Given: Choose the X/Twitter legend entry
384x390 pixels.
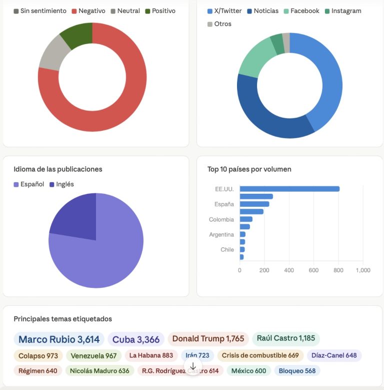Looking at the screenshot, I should point(224,11).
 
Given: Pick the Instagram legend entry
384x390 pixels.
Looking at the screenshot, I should point(342,11).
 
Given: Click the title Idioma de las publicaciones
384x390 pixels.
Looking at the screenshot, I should point(58,169).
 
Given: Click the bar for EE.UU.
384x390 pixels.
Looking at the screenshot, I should point(289,189).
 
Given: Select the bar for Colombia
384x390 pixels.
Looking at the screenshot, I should point(246,219).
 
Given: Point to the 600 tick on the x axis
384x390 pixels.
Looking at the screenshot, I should point(313,270).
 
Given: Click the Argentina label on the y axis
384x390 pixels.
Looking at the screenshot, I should point(221,234).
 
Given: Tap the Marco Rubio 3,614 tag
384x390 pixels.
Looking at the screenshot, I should point(59,339).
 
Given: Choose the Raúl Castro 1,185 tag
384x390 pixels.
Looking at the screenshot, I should point(285,338).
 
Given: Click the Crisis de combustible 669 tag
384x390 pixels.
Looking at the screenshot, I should point(260,355).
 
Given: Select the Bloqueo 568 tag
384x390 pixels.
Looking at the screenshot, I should point(297,371).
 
